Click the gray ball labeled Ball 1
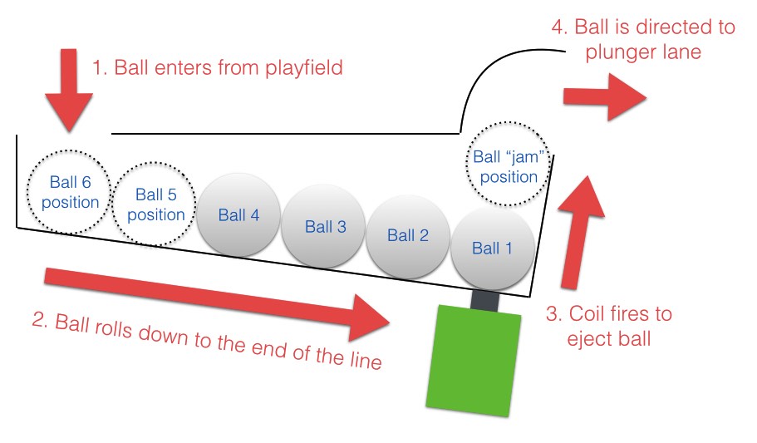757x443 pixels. tap(492, 249)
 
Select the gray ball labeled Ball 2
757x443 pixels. tap(407, 236)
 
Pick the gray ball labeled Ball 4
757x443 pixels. tap(238, 215)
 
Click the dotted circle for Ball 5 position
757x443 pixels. tap(155, 204)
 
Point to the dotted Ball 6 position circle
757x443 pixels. tap(70, 193)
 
